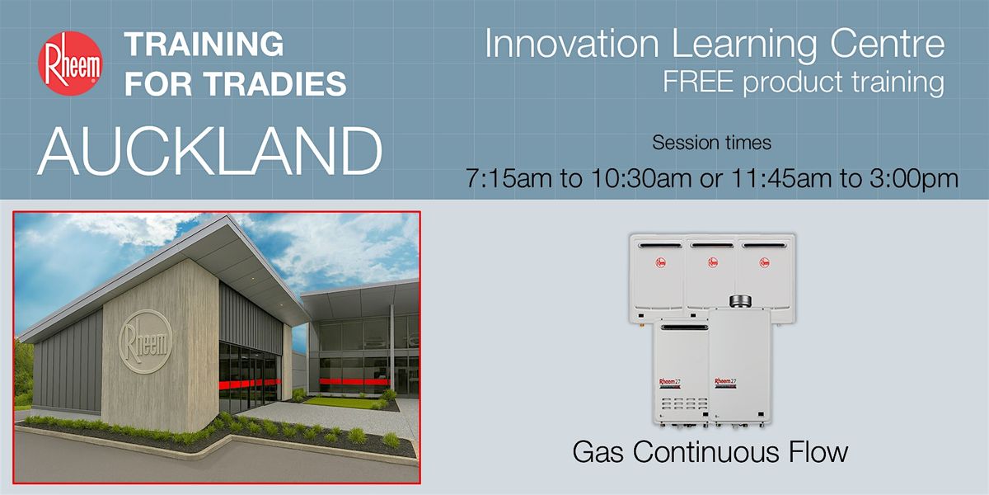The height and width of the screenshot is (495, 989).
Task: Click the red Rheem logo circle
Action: click(x=71, y=64)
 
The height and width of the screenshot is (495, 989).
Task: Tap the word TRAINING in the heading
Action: click(x=204, y=44)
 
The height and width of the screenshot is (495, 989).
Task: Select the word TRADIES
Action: click(x=275, y=83)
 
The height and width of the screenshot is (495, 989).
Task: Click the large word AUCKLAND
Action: click(x=209, y=151)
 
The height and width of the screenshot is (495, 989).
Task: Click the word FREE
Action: click(x=697, y=82)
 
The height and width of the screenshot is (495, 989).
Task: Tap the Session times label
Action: click(x=712, y=142)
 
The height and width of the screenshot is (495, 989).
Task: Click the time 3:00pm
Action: click(x=914, y=178)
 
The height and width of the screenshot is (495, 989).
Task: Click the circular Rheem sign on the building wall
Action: click(x=146, y=342)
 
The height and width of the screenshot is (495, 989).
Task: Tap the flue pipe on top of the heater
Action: click(x=740, y=301)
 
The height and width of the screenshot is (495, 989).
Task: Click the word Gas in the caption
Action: click(x=598, y=452)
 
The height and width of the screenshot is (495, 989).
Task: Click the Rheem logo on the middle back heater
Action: click(x=713, y=262)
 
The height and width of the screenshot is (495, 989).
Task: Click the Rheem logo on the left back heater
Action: click(x=660, y=262)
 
